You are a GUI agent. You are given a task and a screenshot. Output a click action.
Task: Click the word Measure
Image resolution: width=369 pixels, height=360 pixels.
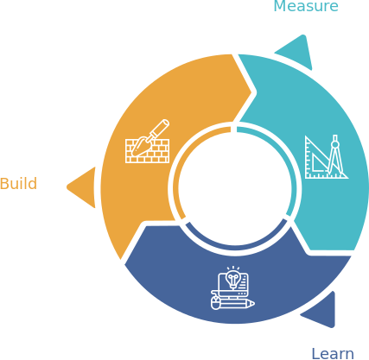(306, 6)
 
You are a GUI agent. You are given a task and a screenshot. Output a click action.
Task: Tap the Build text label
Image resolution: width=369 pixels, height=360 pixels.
(18, 184)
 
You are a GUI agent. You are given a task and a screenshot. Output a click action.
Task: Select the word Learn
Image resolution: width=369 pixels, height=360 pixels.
(333, 354)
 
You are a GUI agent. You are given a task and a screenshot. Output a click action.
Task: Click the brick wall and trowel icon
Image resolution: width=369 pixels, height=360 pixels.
(148, 142)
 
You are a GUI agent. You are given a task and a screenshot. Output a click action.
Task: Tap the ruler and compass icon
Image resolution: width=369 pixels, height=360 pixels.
(327, 157)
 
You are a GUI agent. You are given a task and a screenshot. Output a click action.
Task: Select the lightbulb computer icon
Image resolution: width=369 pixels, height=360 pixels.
(232, 288)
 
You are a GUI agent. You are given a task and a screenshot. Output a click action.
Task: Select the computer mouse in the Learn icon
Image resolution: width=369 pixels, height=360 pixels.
(215, 303)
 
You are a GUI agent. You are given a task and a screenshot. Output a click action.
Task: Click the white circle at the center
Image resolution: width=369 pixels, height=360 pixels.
(235, 188)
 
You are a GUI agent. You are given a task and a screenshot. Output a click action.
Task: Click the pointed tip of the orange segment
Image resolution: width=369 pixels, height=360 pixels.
(121, 259)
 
